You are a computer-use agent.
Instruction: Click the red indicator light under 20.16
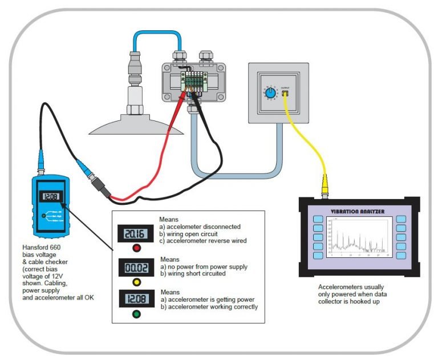[x=137, y=248]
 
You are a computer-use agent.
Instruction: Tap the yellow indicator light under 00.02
[x=137, y=281]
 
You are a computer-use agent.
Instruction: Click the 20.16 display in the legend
[x=137, y=233]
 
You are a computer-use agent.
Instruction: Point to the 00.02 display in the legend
[x=137, y=266]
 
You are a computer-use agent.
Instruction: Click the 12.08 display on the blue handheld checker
[x=50, y=197]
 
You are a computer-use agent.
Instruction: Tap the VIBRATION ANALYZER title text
[x=357, y=211]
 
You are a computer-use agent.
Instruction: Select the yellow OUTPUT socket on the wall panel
[x=286, y=92]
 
